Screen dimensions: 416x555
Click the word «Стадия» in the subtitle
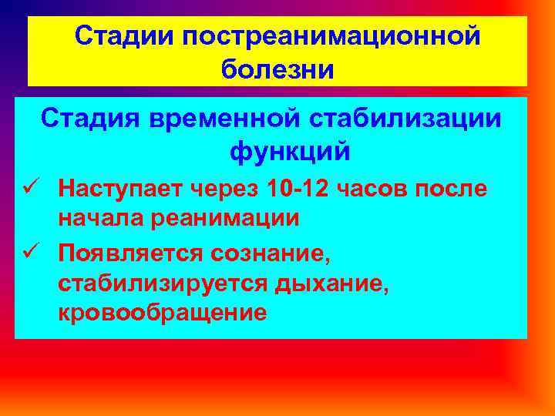(x=89, y=119)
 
